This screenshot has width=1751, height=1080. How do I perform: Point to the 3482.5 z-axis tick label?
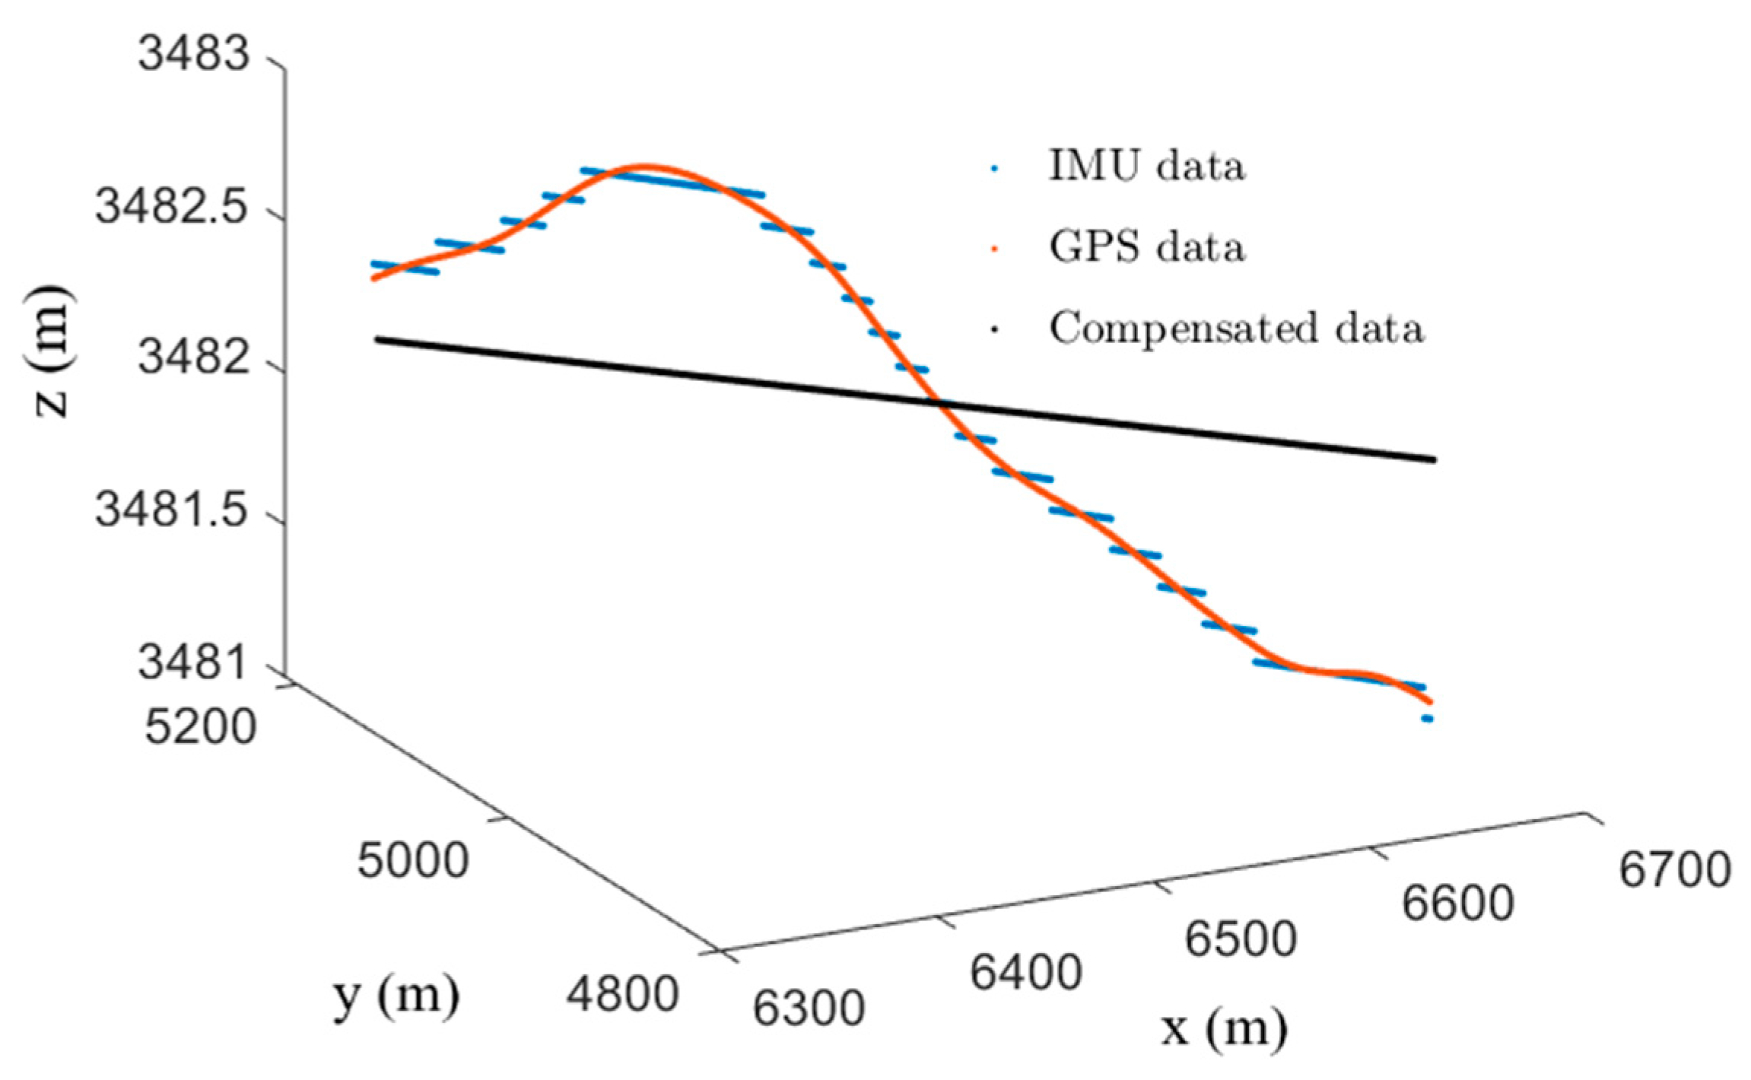click(x=173, y=206)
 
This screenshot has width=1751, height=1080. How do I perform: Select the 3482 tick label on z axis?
click(x=194, y=357)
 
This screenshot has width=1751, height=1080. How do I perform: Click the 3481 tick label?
click(x=194, y=662)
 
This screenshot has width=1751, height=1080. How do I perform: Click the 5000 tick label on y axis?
click(x=413, y=861)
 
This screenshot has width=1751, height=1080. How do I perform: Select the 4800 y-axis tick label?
click(x=622, y=994)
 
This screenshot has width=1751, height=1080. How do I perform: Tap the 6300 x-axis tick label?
click(x=809, y=1009)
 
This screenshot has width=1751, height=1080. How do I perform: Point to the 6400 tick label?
click(x=1026, y=973)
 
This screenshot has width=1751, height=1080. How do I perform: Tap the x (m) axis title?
click(x=1224, y=1028)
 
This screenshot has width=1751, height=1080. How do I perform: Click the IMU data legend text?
click(x=1147, y=166)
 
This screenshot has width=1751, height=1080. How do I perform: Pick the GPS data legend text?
click(x=1147, y=247)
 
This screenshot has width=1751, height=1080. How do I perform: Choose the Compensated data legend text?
click(x=1236, y=329)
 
